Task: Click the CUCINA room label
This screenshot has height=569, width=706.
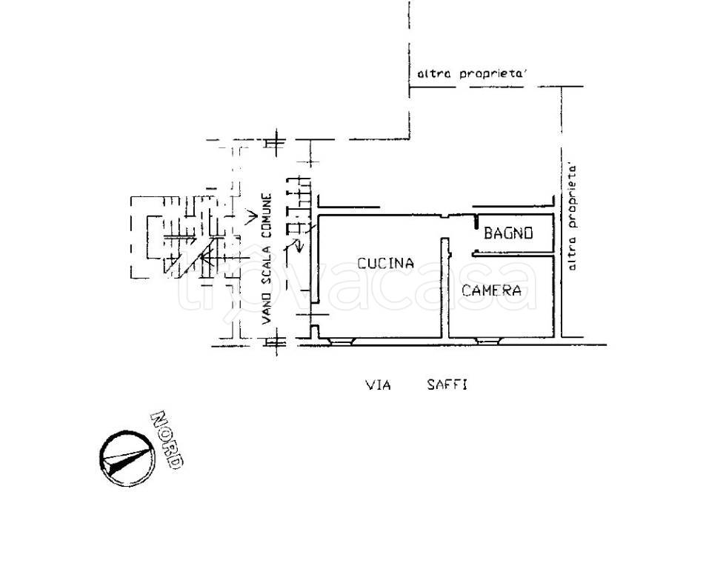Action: [385, 263]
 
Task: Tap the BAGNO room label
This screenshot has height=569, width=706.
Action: [508, 233]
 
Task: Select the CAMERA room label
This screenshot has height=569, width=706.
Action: [492, 290]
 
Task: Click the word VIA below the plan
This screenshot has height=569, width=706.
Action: [378, 385]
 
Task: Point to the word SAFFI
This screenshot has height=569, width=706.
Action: [447, 385]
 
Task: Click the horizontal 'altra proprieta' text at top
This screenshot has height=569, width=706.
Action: [472, 73]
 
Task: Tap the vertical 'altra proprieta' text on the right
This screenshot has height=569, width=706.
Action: [572, 217]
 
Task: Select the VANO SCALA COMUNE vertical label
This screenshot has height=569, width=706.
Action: [267, 259]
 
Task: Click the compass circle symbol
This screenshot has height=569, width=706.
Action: [127, 459]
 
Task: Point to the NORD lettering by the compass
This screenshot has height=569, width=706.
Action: [167, 440]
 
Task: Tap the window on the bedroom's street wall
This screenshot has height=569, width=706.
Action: [489, 342]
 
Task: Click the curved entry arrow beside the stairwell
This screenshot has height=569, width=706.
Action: [297, 247]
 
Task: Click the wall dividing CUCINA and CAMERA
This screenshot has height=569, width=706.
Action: [444, 288]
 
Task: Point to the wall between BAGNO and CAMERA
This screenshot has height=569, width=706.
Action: [513, 256]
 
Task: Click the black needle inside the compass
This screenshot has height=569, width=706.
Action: [126, 461]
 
